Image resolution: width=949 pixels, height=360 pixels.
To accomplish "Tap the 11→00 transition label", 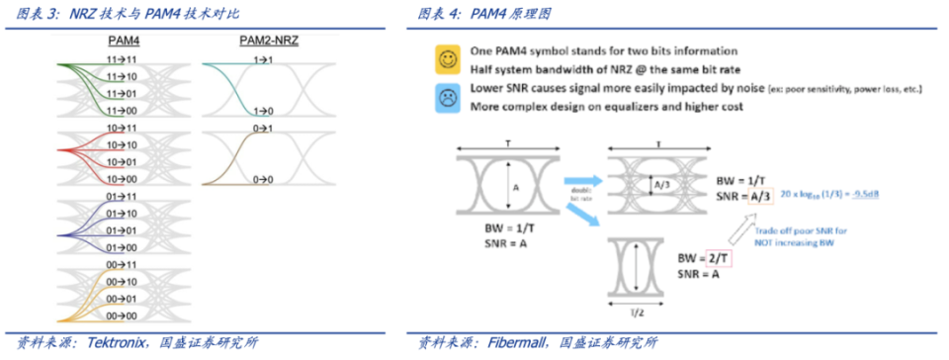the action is coord(124,111).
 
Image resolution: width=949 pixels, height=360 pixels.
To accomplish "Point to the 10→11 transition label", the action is coord(124,130).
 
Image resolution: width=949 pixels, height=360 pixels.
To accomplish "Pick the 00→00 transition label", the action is coord(124,315).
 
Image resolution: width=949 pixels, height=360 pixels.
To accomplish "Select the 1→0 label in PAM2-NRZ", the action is coord(263,111).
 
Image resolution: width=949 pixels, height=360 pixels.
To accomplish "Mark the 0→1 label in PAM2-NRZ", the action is coord(263,130).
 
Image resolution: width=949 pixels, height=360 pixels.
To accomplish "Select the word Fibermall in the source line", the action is coord(521,343).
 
